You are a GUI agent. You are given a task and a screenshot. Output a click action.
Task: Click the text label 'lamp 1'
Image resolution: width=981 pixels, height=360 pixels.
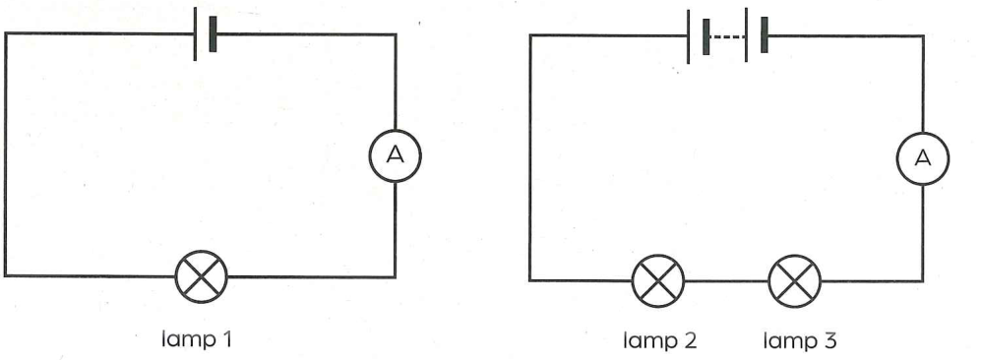point(197,339)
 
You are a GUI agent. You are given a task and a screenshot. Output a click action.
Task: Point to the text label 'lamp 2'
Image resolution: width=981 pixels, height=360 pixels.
point(659,341)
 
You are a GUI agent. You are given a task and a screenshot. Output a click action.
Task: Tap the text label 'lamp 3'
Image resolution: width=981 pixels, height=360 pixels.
point(800,341)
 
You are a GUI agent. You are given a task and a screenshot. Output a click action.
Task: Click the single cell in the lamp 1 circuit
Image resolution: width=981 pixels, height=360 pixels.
point(205,33)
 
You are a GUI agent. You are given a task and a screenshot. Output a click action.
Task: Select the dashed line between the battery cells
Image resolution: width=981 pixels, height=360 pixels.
point(727,36)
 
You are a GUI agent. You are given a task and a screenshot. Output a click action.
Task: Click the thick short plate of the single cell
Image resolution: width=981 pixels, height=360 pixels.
point(213,33)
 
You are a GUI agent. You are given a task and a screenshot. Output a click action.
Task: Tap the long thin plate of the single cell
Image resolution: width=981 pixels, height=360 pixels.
point(195,33)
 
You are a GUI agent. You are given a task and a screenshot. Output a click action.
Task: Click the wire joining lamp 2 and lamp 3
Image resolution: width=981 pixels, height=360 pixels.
point(726,281)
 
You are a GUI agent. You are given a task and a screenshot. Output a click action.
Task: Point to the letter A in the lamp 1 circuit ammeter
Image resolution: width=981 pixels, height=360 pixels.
point(396,155)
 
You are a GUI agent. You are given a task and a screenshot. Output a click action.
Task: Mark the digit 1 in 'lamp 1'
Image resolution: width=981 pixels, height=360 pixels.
point(226,339)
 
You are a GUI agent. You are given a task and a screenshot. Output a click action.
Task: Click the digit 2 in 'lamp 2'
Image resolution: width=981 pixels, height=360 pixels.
point(690,341)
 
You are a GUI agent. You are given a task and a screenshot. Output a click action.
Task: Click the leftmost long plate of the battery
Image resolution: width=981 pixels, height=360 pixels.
point(688,36)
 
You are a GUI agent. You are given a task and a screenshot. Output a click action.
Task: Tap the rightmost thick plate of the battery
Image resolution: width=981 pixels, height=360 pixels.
point(764,36)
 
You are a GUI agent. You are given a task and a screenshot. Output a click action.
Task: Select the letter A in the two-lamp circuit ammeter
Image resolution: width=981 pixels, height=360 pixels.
point(923,158)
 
